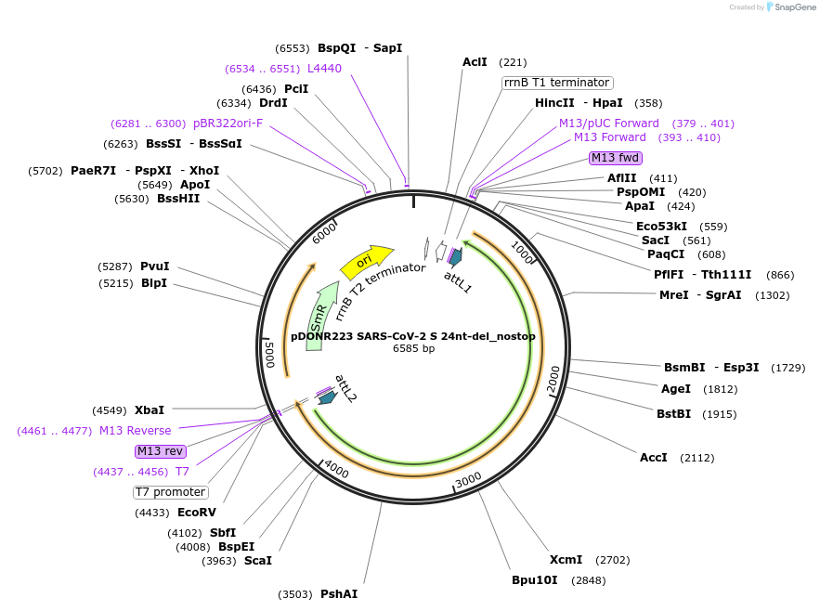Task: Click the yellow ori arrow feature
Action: pos(366,262)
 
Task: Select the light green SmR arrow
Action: pos(320,316)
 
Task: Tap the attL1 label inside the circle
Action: pos(458,280)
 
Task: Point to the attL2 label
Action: pos(345,387)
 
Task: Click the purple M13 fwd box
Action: pos(616,158)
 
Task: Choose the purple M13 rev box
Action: pos(160,451)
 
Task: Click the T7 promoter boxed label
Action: pos(171,492)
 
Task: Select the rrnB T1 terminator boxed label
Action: pos(557,83)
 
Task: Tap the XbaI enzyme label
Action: pos(150,409)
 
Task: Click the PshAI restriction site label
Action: pos(339,594)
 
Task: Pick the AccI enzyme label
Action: pos(654,458)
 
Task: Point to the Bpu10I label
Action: pos(535,580)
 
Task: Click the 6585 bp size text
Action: pos(413,349)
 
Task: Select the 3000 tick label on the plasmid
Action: pos(468,480)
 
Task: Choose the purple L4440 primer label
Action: pos(324,69)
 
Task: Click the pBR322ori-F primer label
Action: pos(228,123)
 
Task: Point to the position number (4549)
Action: pos(110,409)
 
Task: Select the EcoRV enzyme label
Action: pos(197,513)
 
